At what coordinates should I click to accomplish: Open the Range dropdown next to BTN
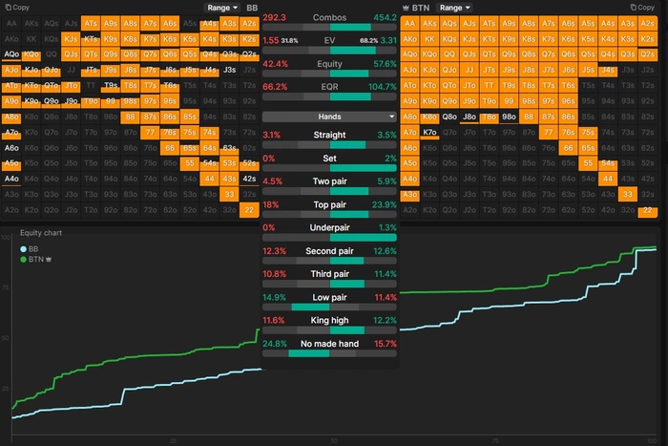[x=453, y=7]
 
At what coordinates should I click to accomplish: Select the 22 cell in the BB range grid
[x=249, y=209]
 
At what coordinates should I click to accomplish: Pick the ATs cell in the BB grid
[x=91, y=21]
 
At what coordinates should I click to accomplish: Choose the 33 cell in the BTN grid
[x=629, y=194]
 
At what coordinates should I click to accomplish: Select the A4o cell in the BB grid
[x=11, y=179]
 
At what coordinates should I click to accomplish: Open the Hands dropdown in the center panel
[x=329, y=116]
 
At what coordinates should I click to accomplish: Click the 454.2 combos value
[x=384, y=18]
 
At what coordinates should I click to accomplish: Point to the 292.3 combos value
[x=275, y=18]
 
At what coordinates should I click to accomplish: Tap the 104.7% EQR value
[x=382, y=86]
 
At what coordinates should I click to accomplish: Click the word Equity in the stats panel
[x=329, y=64]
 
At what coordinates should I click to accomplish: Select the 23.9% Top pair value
[x=384, y=204]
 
